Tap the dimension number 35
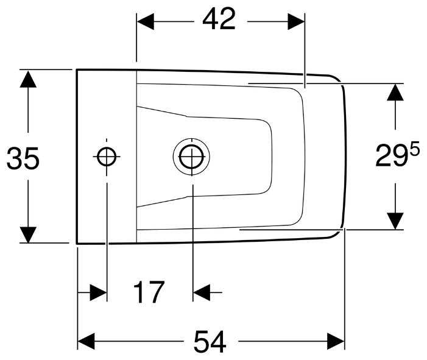click(x=23, y=159)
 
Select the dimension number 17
click(x=149, y=293)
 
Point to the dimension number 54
click(x=210, y=342)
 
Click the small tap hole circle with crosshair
click(x=107, y=157)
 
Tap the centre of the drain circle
click(x=191, y=157)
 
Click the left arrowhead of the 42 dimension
click(x=145, y=21)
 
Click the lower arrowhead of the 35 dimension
click(x=28, y=235)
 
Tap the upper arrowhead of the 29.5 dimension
click(x=396, y=92)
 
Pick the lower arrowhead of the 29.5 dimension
click(x=396, y=221)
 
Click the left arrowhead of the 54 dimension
click(x=86, y=341)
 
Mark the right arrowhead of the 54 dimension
click(x=336, y=341)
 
